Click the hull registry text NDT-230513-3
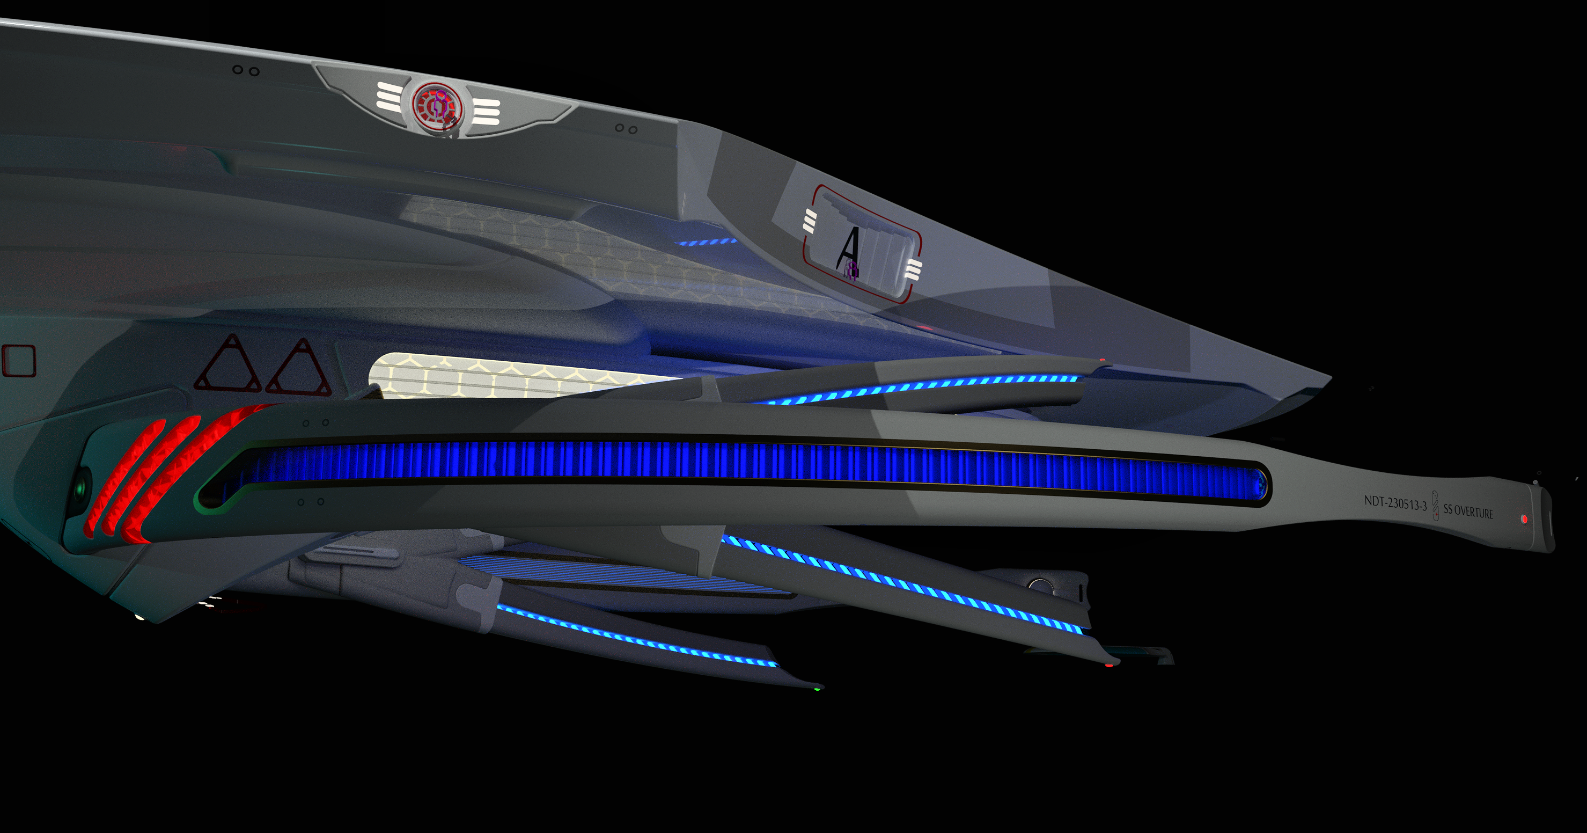coord(1395,503)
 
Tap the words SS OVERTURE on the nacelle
coord(1468,512)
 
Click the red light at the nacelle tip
coord(1524,520)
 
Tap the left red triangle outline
coord(228,366)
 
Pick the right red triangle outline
coord(300,368)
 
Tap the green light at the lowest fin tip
coord(817,688)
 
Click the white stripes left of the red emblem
coord(390,97)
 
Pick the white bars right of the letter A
coord(914,269)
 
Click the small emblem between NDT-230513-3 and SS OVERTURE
coord(1436,506)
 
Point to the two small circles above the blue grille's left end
coord(315,422)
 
